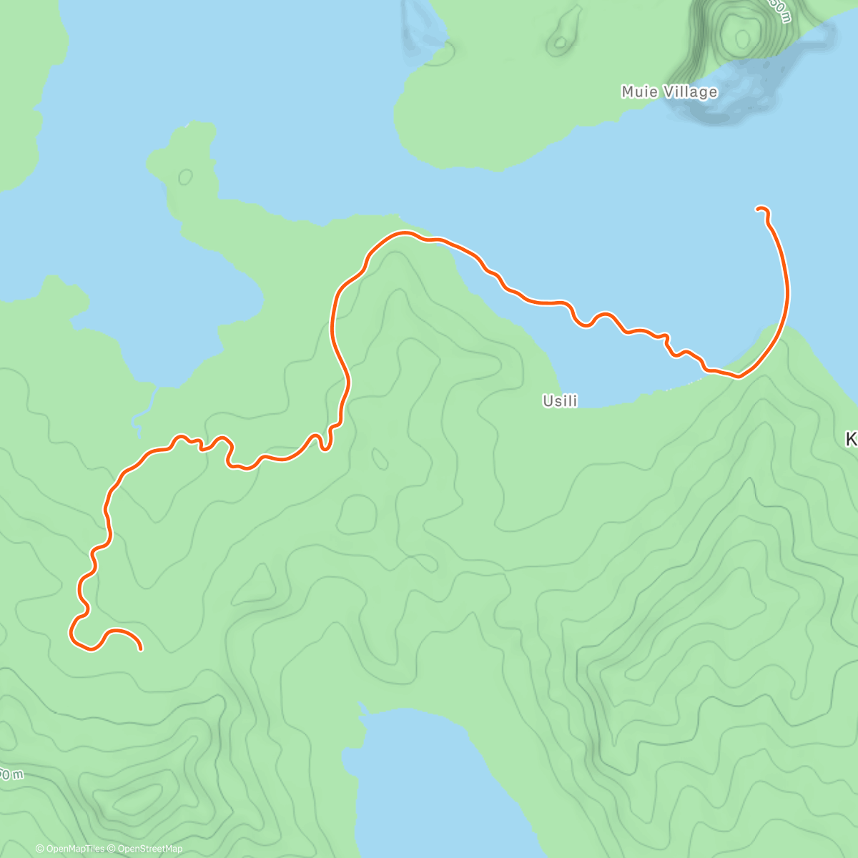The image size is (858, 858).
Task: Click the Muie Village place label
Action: pyautogui.click(x=669, y=92)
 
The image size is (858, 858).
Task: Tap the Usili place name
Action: pyautogui.click(x=560, y=401)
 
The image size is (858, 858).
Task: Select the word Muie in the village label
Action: pyautogui.click(x=636, y=92)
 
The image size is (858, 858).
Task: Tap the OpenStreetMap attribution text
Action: pyautogui.click(x=149, y=849)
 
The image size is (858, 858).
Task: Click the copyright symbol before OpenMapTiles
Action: pyautogui.click(x=40, y=849)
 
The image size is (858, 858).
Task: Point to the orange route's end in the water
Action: pyautogui.click(x=758, y=208)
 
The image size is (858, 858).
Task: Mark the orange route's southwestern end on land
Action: pyautogui.click(x=141, y=649)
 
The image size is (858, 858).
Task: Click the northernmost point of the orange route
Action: pyautogui.click(x=405, y=232)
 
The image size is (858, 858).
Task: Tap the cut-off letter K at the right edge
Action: pyautogui.click(x=852, y=439)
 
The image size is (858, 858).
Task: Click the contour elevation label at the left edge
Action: pyautogui.click(x=10, y=774)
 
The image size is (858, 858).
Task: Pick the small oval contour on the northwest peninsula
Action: pyautogui.click(x=186, y=176)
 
